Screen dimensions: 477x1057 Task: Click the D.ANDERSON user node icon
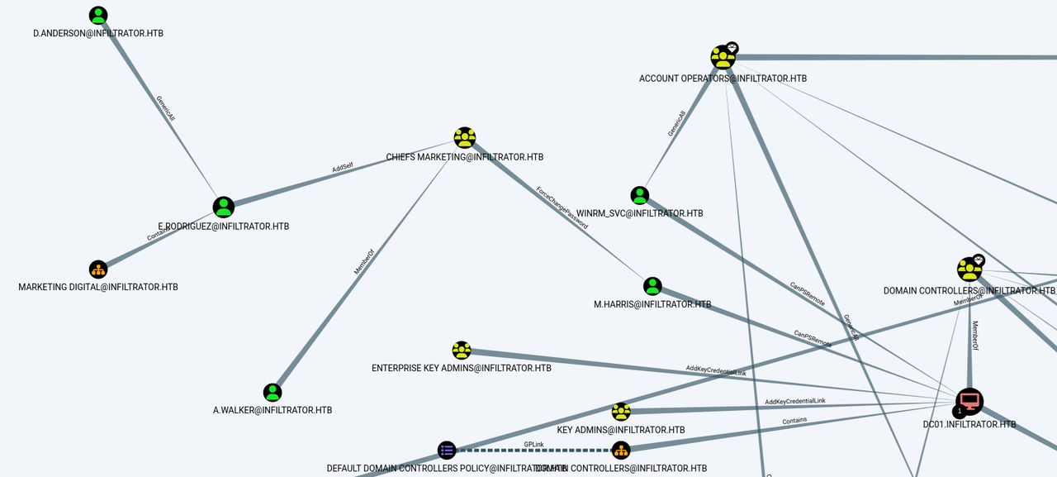(x=98, y=16)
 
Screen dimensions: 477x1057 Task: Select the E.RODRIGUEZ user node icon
(x=224, y=207)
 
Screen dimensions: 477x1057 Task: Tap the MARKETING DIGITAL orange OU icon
(x=98, y=270)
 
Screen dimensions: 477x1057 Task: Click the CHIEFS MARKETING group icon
(x=465, y=138)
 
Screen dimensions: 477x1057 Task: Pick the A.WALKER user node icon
(x=273, y=393)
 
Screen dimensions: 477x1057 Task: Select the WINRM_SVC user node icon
(x=640, y=196)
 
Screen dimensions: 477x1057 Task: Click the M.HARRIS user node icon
(x=652, y=287)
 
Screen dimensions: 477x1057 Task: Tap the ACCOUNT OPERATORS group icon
(x=723, y=58)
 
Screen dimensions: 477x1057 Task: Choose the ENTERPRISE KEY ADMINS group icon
(x=462, y=351)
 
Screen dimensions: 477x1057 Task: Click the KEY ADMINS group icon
(x=621, y=412)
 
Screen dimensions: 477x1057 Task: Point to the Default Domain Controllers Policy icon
(x=447, y=451)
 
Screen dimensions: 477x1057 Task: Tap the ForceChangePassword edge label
(x=562, y=207)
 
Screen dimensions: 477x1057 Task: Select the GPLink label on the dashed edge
(x=533, y=445)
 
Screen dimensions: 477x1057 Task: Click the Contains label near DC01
(x=794, y=420)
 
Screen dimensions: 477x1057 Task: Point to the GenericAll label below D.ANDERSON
(x=165, y=108)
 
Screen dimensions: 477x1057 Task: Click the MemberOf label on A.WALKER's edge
(x=364, y=261)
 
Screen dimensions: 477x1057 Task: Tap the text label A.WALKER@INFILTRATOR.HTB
(x=273, y=410)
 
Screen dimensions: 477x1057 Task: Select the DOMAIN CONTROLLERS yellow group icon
(x=969, y=270)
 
